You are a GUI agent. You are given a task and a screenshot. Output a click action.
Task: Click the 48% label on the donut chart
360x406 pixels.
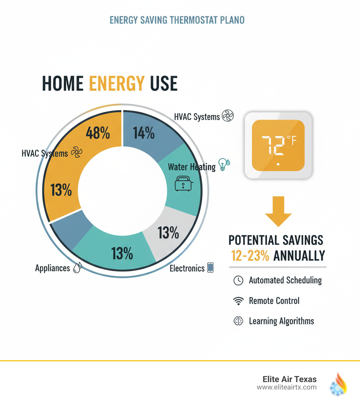[x=98, y=134]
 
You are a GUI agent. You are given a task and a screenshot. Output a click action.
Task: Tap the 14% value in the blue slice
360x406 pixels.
[x=144, y=133]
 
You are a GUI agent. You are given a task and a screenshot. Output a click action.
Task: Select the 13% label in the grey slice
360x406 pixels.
[x=168, y=233]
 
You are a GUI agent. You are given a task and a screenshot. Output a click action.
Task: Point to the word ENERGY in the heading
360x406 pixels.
[x=117, y=83]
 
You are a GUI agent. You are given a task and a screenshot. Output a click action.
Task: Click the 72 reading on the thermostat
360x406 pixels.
[x=272, y=145]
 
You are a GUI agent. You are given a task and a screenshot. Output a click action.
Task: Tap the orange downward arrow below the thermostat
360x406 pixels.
[x=278, y=211]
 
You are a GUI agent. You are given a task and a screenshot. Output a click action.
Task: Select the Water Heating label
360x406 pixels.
[x=192, y=167]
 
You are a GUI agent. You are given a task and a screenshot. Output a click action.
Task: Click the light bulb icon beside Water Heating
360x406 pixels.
[x=223, y=164]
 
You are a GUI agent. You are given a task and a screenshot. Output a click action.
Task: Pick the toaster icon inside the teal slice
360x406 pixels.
[x=183, y=184]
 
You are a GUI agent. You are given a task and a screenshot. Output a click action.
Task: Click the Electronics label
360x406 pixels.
[x=187, y=268]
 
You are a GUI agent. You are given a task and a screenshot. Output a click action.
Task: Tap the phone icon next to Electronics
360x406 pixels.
[x=211, y=268]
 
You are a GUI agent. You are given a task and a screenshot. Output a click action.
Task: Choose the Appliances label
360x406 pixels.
[x=53, y=268]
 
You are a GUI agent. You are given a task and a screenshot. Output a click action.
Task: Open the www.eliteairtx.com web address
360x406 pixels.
[x=287, y=387]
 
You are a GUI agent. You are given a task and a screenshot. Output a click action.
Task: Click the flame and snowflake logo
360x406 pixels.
[x=338, y=383]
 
